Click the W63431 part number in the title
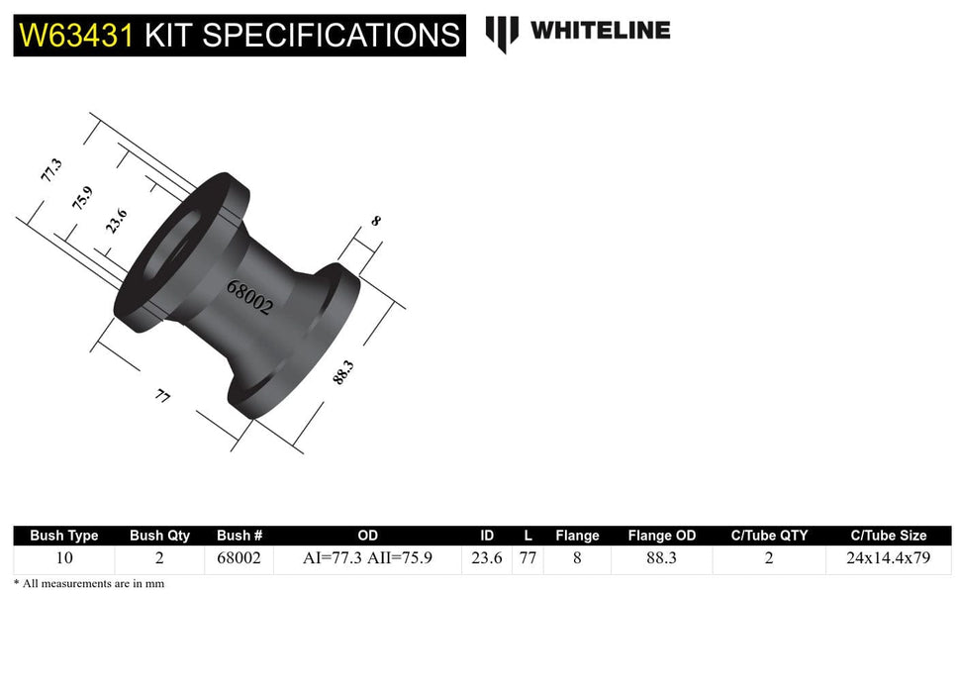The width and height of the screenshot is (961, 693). point(77,36)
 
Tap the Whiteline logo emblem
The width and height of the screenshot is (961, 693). point(502,33)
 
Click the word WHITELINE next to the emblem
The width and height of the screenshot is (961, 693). point(600,31)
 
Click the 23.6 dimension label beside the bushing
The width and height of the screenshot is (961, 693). point(116,220)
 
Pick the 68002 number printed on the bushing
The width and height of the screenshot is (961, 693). point(249,296)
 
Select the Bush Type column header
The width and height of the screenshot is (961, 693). point(64,536)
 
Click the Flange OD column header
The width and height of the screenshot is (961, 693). point(661,536)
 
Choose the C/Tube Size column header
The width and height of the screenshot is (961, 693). point(888,536)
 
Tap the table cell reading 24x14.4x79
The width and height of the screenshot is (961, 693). point(888,558)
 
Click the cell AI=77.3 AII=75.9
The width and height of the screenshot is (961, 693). point(367,558)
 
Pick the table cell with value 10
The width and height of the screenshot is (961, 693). point(64,558)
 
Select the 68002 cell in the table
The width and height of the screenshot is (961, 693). point(239,558)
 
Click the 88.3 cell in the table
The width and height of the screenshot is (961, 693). point(661,558)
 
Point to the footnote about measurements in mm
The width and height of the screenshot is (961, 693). point(89,584)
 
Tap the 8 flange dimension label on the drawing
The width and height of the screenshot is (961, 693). point(375,222)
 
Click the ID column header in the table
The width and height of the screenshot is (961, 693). point(487,536)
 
